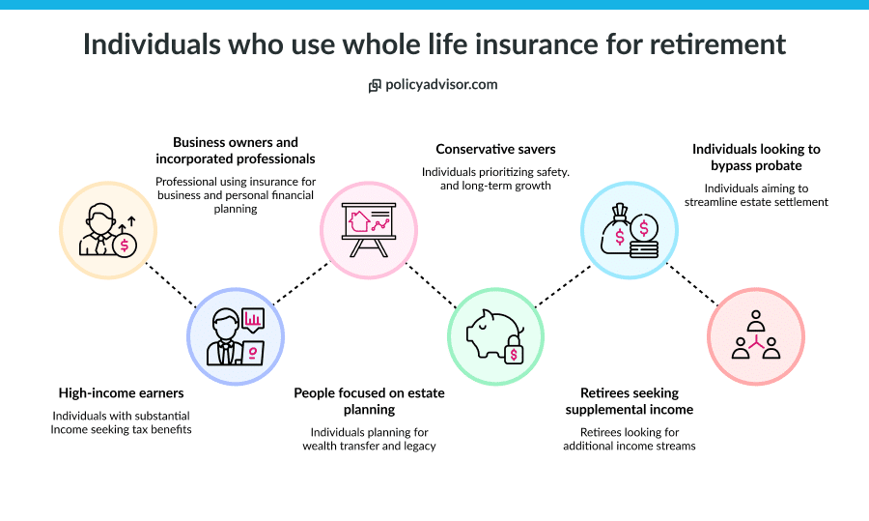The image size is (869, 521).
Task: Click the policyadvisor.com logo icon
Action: tap(375, 86)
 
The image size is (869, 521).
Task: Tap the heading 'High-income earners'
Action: tap(121, 393)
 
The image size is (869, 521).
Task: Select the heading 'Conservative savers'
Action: tap(495, 149)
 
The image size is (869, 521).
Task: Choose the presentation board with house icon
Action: tap(369, 228)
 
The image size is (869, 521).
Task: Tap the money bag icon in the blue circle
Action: tap(629, 230)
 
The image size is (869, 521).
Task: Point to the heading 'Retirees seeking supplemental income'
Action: tap(630, 401)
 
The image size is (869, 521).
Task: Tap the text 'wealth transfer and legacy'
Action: tap(369, 446)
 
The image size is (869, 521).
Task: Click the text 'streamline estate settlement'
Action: tap(756, 202)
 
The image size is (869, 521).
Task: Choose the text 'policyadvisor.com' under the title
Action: tap(441, 85)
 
